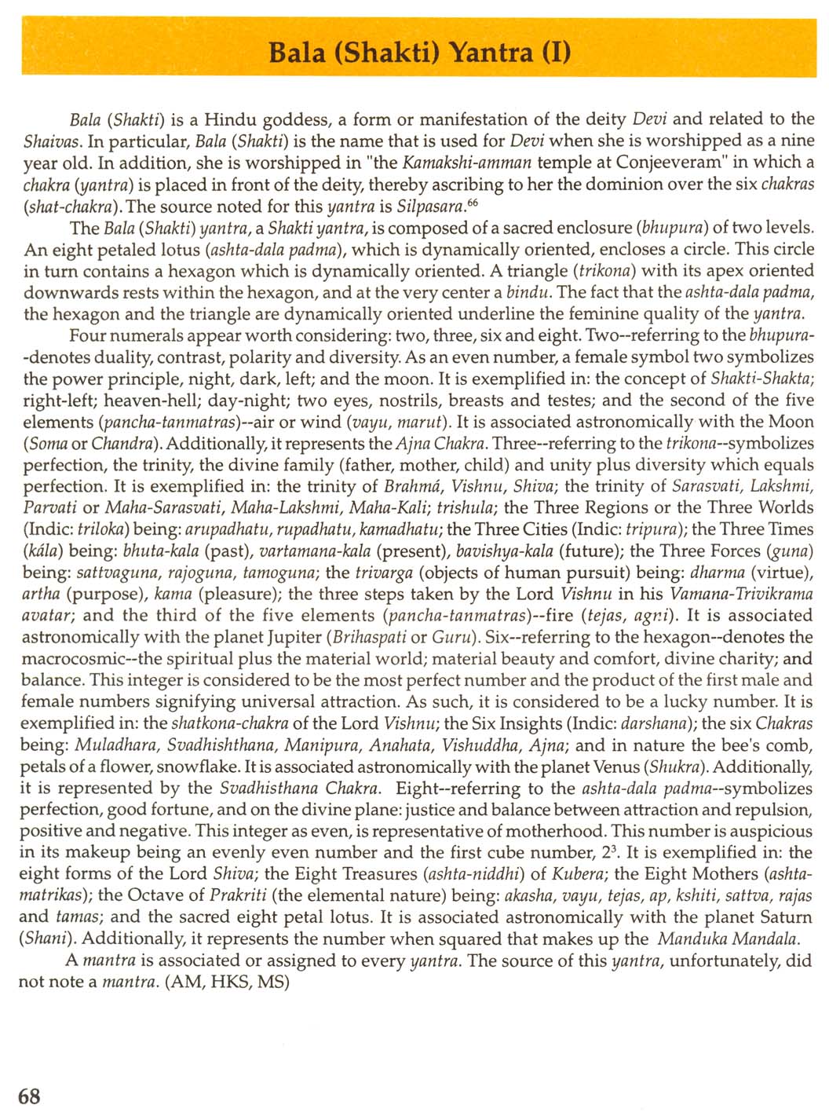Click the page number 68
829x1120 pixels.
click(29, 1096)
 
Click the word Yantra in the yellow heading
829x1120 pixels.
click(488, 53)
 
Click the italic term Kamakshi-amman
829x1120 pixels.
click(467, 163)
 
